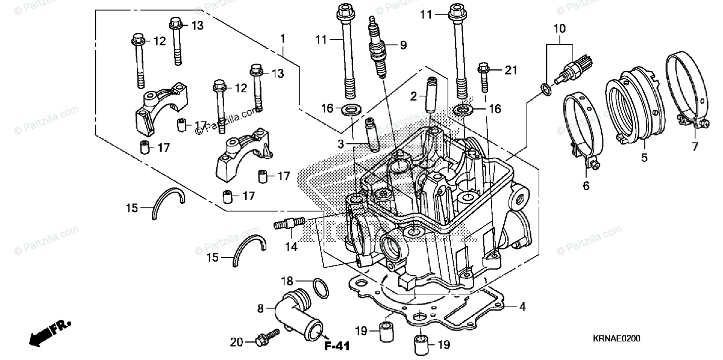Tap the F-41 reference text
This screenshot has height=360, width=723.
[337, 346]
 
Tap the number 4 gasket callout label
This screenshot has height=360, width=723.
[522, 307]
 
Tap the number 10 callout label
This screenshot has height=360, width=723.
[560, 28]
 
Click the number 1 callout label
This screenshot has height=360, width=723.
[282, 38]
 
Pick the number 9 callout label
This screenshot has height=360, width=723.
[403, 44]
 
